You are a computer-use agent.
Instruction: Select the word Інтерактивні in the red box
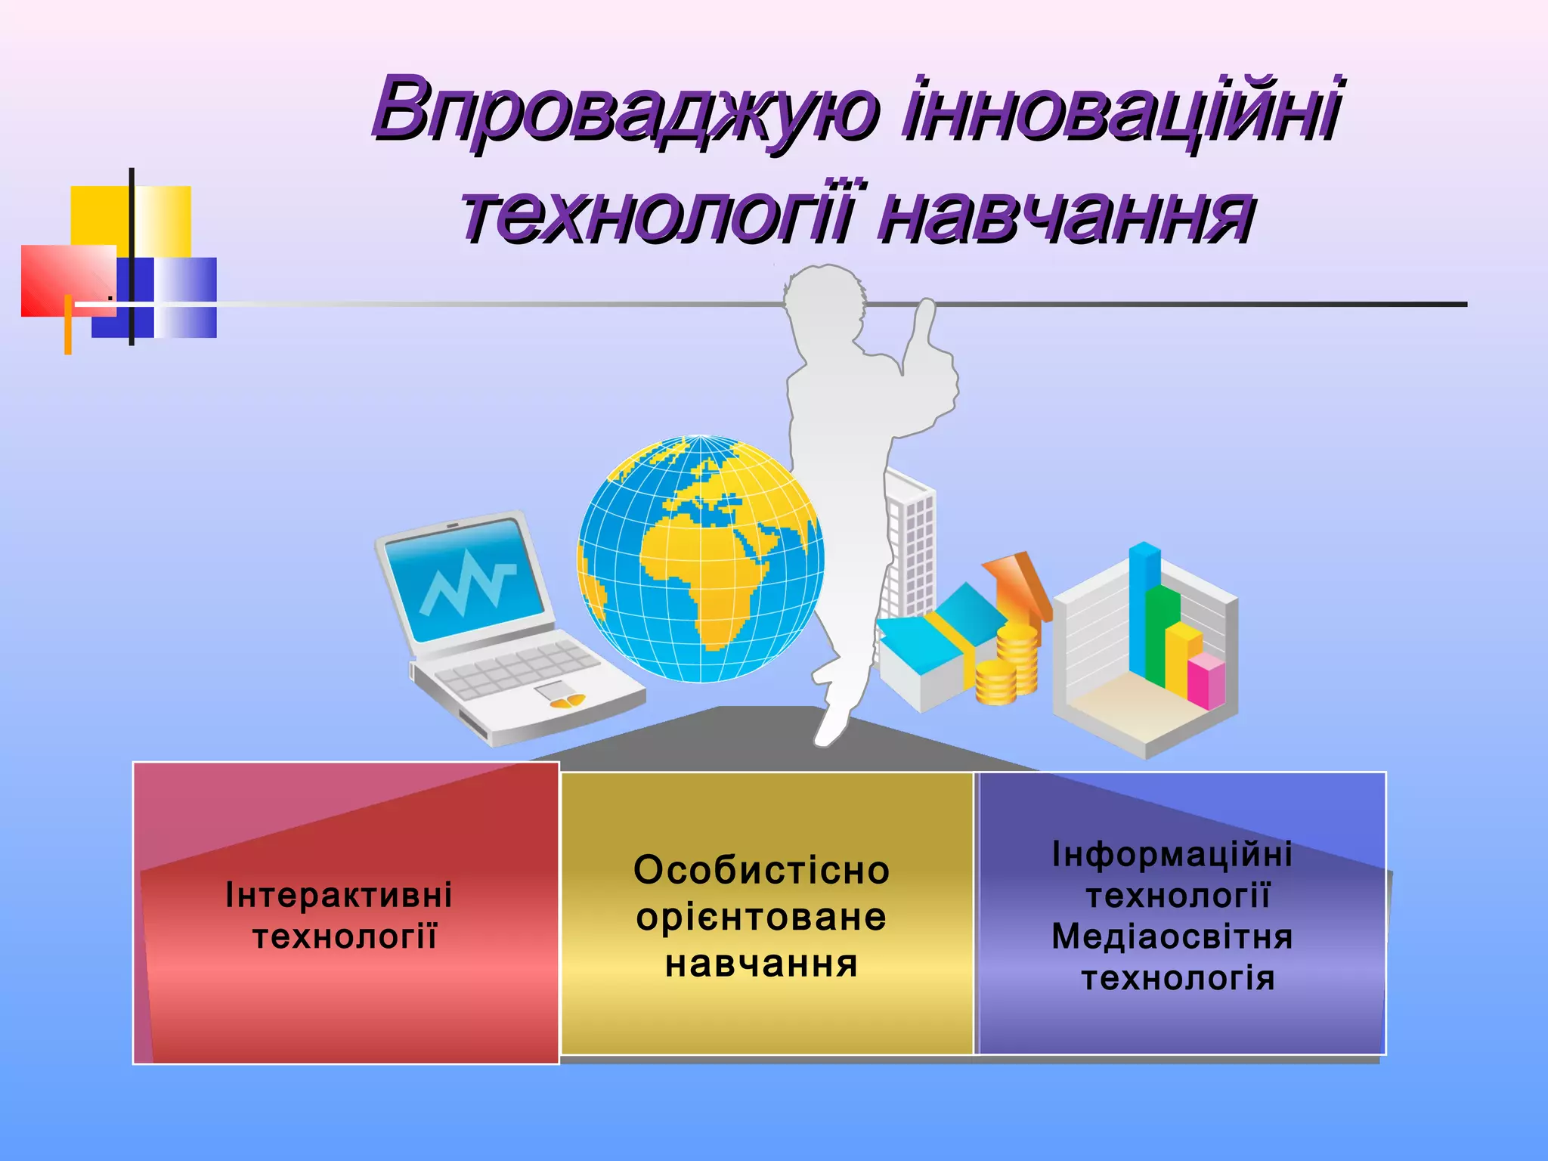[339, 896]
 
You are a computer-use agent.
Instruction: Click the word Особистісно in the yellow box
[761, 870]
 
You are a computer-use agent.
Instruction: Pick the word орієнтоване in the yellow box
[761, 918]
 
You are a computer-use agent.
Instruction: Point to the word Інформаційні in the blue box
[1172, 855]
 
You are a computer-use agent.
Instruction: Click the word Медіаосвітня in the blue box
[1172, 937]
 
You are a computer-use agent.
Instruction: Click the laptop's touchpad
[553, 690]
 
